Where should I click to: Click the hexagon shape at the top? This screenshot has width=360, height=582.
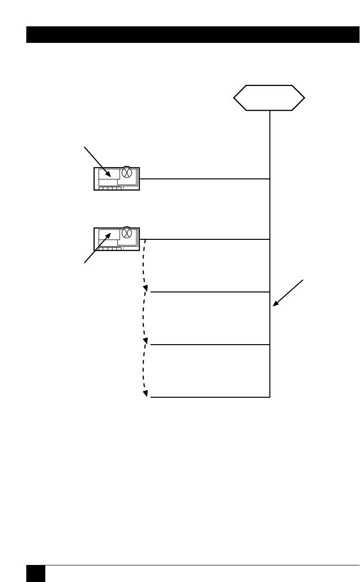tap(269, 98)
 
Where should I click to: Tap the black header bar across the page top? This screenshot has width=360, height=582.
tap(192, 35)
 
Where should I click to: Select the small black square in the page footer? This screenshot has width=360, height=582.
tap(35, 573)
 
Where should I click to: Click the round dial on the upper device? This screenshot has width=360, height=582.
tap(127, 173)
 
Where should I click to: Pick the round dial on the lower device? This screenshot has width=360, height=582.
tap(127, 233)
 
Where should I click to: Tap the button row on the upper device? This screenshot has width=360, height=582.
tap(110, 187)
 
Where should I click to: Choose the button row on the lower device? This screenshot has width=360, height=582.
tap(110, 248)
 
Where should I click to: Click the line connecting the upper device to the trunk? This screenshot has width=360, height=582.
tap(205, 179)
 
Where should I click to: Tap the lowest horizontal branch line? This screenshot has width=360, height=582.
tap(209, 397)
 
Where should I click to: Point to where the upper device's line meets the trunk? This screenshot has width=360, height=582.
tap(270, 179)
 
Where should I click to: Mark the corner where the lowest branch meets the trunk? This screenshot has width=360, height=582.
tap(270, 397)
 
